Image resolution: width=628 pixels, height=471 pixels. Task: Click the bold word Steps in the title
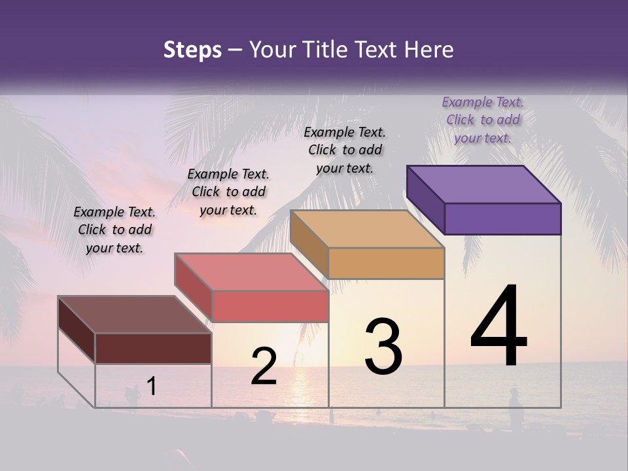click(x=192, y=50)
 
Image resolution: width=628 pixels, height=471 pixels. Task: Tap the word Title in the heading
click(x=326, y=50)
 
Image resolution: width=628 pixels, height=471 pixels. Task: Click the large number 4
click(x=498, y=327)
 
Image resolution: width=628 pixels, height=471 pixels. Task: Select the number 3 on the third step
click(x=383, y=347)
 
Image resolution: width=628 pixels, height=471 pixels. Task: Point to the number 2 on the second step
click(x=264, y=366)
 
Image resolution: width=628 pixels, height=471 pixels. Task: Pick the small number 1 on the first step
click(x=151, y=387)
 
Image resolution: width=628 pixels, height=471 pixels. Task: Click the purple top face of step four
click(x=484, y=184)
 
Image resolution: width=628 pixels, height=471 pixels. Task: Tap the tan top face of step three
click(x=367, y=229)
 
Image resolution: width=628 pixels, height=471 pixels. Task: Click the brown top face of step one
click(x=135, y=315)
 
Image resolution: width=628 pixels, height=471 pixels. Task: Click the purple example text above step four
click(x=483, y=120)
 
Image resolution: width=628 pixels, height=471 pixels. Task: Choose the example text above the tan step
click(x=345, y=150)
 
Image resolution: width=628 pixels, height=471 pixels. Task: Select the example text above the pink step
click(x=228, y=192)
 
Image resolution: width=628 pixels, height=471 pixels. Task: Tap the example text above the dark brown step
click(x=114, y=230)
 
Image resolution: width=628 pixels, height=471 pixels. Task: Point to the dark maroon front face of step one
click(x=153, y=348)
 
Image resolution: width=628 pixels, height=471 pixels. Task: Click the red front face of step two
click(x=270, y=306)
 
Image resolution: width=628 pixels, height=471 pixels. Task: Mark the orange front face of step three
click(x=386, y=263)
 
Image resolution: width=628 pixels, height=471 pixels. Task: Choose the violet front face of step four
click(x=502, y=218)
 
